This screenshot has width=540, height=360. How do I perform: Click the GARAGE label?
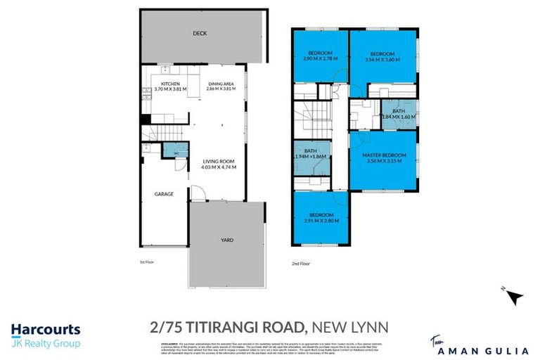pyautogui.click(x=165, y=193)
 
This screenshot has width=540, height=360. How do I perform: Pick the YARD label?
pyautogui.click(x=228, y=240)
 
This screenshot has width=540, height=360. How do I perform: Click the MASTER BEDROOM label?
pyautogui.click(x=382, y=155)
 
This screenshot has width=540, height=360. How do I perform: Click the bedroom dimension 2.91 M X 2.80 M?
pyautogui.click(x=321, y=220)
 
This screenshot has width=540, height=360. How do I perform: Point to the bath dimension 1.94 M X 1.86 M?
pyautogui.click(x=311, y=156)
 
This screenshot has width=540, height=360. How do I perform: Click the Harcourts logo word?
pyautogui.click(x=46, y=330)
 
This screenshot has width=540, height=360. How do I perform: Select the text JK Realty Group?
pyautogui.click(x=46, y=344)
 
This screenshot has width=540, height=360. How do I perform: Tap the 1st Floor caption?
pyautogui.click(x=146, y=261)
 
